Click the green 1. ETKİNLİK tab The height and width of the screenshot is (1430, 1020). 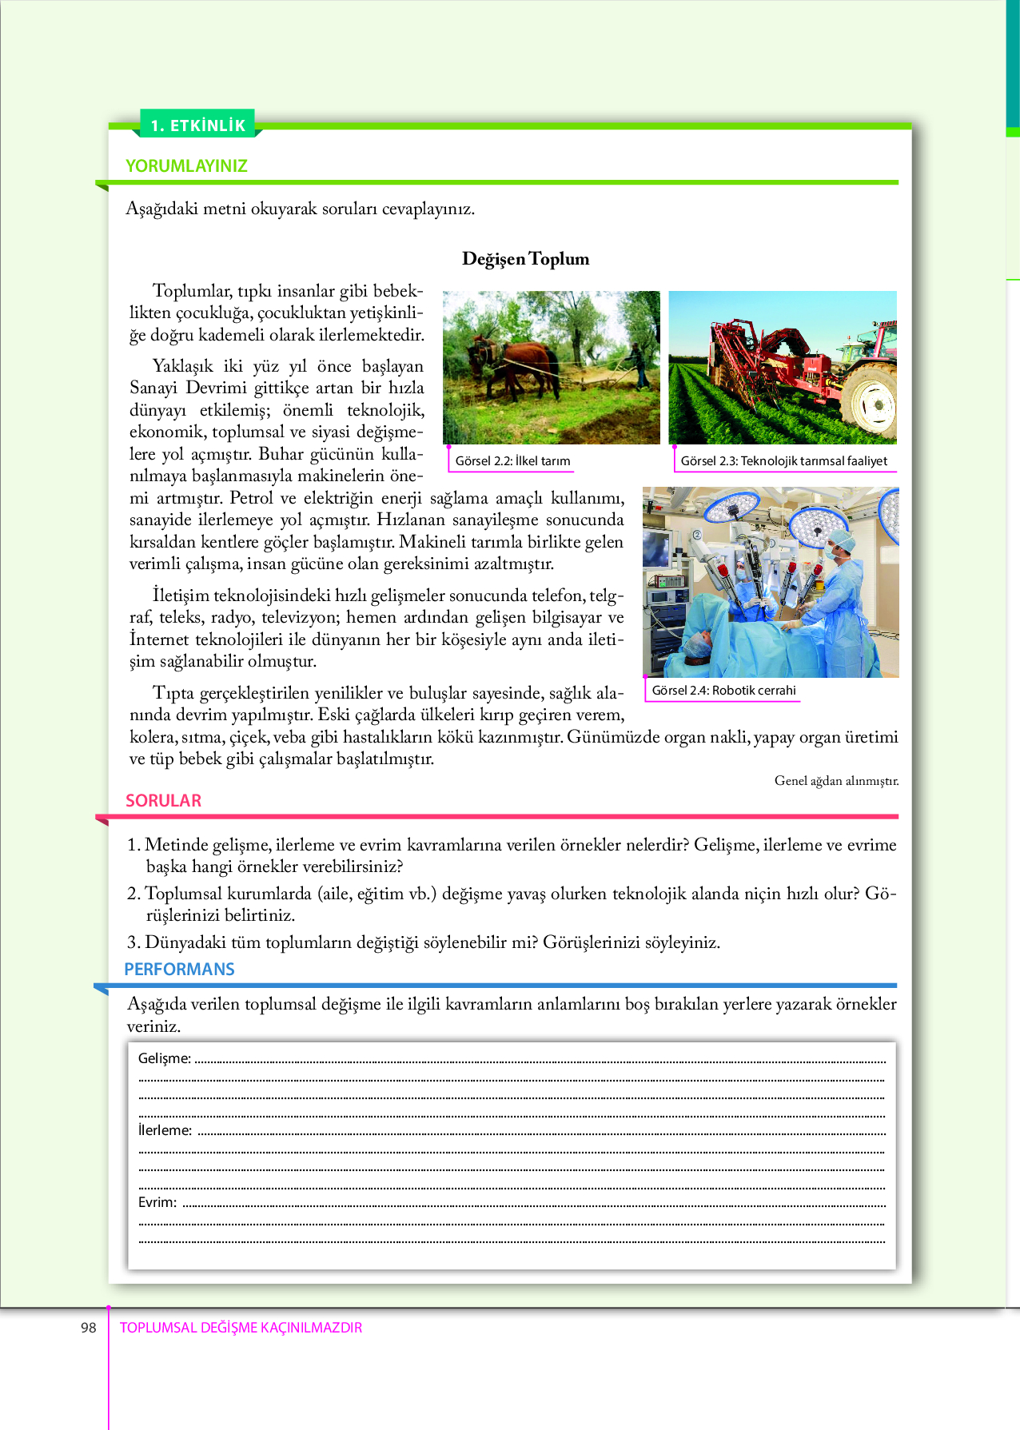[x=197, y=125]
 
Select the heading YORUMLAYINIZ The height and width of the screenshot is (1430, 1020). [x=186, y=166]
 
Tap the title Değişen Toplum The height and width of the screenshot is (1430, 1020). [x=525, y=259]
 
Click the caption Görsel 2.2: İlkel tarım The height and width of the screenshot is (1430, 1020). [x=512, y=461]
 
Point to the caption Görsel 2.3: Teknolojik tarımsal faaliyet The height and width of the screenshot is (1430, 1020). [x=783, y=461]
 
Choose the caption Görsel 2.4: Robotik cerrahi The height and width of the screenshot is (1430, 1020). [x=723, y=691]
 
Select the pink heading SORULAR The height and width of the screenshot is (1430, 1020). [x=163, y=801]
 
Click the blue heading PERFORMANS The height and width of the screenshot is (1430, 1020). [x=179, y=970]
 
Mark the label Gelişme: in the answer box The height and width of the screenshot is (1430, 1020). [x=165, y=1058]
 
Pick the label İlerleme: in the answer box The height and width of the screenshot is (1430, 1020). [x=165, y=1130]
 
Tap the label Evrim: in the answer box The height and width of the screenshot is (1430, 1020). [x=157, y=1202]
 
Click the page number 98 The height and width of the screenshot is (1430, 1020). [x=88, y=1328]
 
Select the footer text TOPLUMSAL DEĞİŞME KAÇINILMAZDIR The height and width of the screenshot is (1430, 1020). [x=241, y=1328]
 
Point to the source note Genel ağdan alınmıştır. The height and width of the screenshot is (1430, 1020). [x=836, y=781]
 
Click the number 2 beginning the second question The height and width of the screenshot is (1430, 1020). [x=133, y=894]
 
